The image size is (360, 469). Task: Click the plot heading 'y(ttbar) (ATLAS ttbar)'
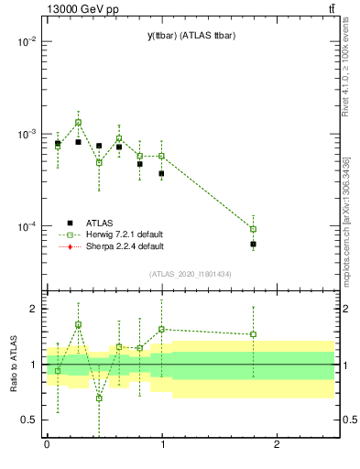[191, 35]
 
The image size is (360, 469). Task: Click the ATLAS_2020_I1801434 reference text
[191, 274]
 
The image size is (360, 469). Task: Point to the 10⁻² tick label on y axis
[25, 42]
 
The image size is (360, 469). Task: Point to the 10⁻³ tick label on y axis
[25, 134]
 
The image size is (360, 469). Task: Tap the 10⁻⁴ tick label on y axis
[25, 226]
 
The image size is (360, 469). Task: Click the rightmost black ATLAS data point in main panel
[253, 245]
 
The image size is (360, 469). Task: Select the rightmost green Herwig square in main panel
[253, 229]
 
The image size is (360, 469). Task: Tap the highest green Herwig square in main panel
[79, 123]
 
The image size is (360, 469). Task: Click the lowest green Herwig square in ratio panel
[99, 398]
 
